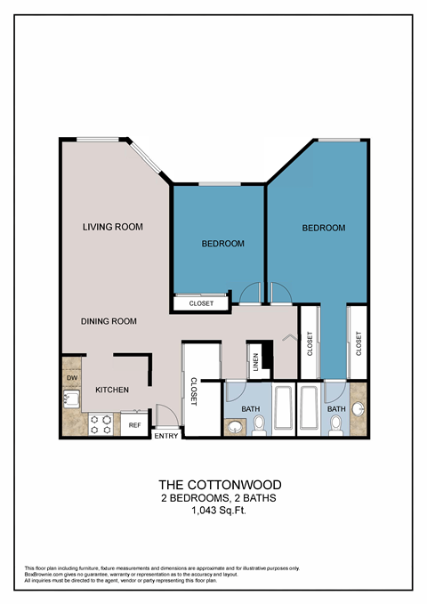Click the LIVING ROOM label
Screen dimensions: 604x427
pyautogui.click(x=113, y=227)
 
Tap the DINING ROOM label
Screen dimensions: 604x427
pyautogui.click(x=108, y=321)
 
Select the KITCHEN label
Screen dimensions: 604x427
pyautogui.click(x=113, y=390)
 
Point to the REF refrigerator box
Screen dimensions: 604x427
pyautogui.click(x=134, y=425)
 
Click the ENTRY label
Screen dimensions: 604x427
pyautogui.click(x=166, y=436)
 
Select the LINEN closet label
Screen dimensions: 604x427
pyautogui.click(x=255, y=361)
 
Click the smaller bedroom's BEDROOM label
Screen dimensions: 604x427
pyautogui.click(x=222, y=243)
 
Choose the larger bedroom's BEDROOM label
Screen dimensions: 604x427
pyautogui.click(x=324, y=229)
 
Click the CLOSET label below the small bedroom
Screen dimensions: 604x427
pyautogui.click(x=201, y=303)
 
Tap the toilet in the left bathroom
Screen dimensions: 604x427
pyautogui.click(x=258, y=426)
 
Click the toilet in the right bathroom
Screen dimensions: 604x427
pyautogui.click(x=336, y=426)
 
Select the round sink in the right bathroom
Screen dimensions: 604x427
pyautogui.click(x=358, y=409)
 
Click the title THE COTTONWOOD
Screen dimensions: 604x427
pyautogui.click(x=213, y=485)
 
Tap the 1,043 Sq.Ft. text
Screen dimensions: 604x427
pyautogui.click(x=213, y=511)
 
